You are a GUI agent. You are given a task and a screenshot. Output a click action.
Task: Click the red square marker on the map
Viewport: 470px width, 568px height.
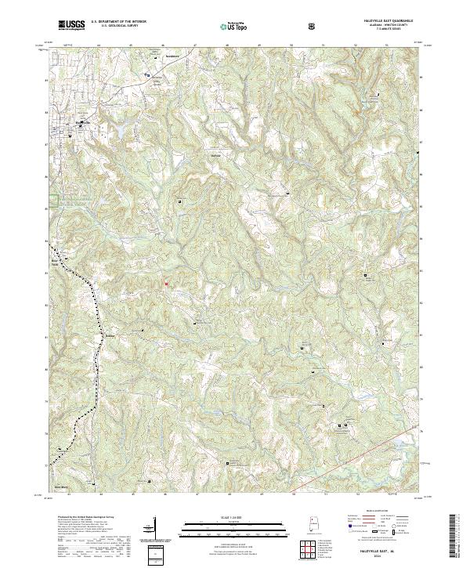click(166, 283)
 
